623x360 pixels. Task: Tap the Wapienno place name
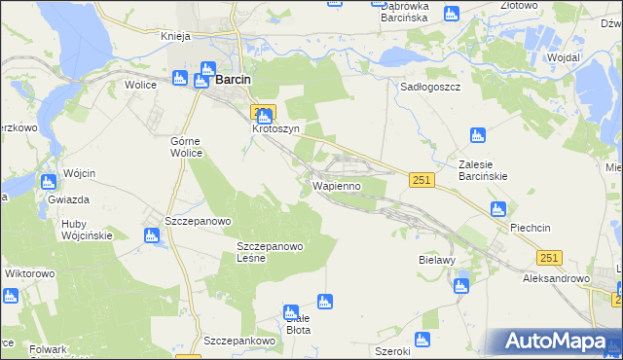coord(337,185)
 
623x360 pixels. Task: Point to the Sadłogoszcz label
coord(430,87)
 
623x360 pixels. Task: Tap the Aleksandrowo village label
coord(557,278)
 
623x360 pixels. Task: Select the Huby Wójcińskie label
coord(86,229)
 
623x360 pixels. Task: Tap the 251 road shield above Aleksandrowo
coord(549,256)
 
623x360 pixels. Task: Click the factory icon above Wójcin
coord(49,181)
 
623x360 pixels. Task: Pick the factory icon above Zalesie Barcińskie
coord(477,135)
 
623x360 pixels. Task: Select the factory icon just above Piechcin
coord(497,208)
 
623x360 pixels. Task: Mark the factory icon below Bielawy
coord(460,285)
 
